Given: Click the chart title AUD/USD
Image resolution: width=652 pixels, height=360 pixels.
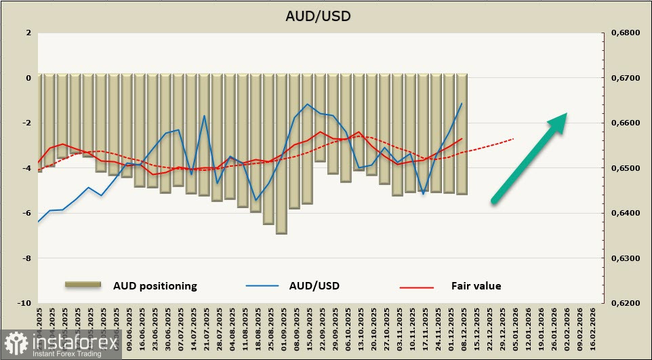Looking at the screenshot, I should coord(327,15).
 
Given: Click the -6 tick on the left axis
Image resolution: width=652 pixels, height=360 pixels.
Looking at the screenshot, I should coord(27,213).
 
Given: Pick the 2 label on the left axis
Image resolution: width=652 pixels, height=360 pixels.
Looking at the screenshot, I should coord(28,33).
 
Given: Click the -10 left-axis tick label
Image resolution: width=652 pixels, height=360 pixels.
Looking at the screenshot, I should coord(25,303).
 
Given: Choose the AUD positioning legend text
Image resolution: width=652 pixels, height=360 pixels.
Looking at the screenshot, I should coord(155,286).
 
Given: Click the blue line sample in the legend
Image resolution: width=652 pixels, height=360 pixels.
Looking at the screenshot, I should coord(262,286).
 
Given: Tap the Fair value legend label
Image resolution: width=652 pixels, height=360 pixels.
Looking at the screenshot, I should coord(476,286).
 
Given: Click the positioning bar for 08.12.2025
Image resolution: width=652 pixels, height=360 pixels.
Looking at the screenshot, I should coord(462,135).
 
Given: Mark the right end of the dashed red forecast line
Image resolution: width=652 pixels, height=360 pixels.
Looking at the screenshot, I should coord(513,138).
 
